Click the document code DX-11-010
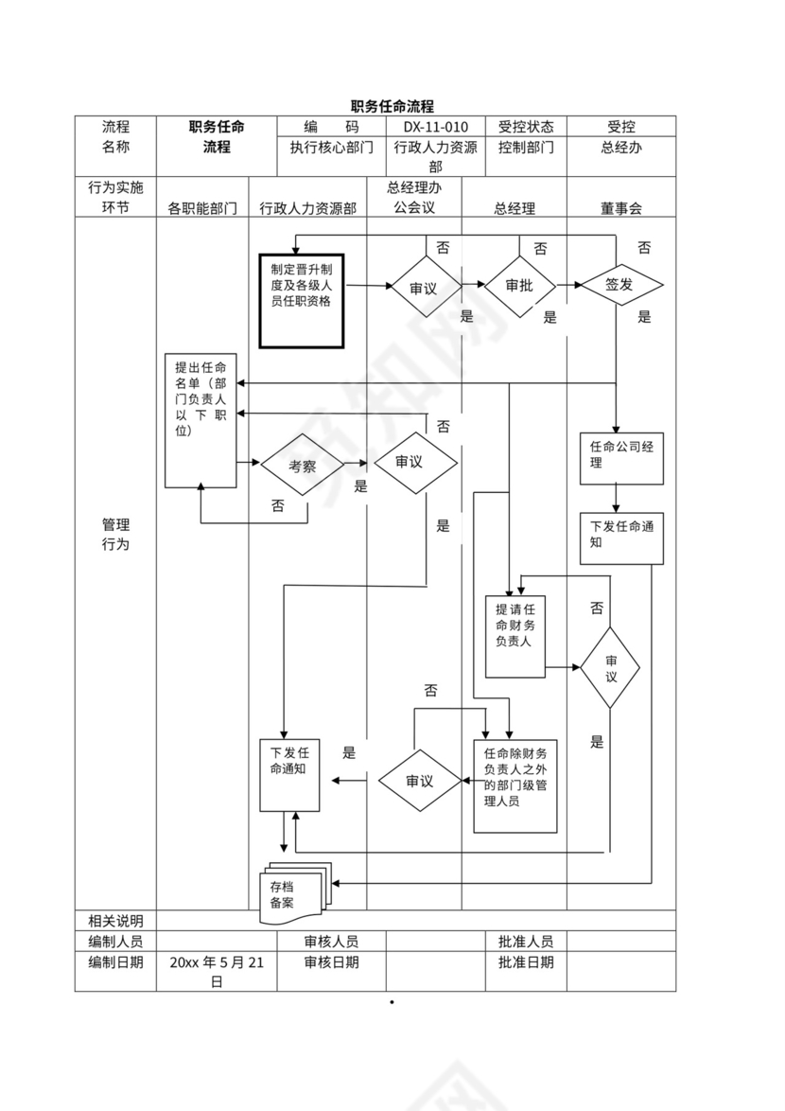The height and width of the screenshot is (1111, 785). coord(435,127)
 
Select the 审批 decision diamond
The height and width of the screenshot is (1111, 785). coord(519,286)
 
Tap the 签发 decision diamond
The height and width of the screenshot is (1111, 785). coord(620,286)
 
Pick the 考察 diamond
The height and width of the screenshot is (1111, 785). coord(302,465)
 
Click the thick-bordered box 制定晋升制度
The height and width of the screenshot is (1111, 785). coord(302,301)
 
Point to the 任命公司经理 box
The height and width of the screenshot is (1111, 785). coord(621,458)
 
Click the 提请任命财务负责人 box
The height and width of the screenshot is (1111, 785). coord(515,636)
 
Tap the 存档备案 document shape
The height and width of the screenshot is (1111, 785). coord(292,893)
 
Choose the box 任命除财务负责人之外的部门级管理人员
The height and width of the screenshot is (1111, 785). coord(515,785)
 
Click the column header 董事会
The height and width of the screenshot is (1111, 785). coord(620,208)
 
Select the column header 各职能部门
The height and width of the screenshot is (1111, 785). coord(202,208)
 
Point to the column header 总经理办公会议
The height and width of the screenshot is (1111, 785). coord(414,198)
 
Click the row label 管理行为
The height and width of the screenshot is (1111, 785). coord(115,535)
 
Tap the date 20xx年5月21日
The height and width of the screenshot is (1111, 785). coord(217,972)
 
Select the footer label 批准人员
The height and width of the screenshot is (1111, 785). coord(526,942)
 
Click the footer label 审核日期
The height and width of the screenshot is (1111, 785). coord(331,962)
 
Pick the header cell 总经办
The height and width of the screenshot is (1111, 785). coord(621,148)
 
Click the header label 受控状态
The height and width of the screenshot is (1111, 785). coord(526,127)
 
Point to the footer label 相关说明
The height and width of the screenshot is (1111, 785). coord(115,921)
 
